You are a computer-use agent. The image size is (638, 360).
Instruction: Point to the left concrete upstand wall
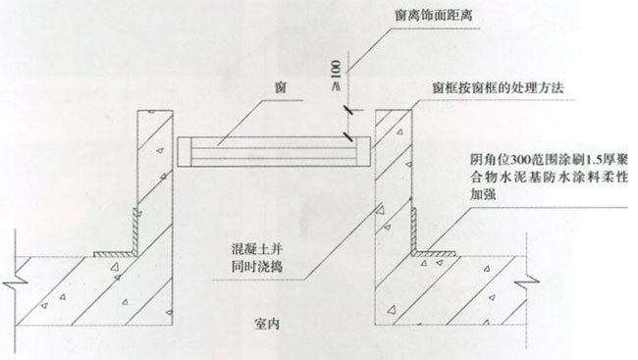point(151,177)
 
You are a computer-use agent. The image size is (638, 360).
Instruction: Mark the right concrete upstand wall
point(395,177)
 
